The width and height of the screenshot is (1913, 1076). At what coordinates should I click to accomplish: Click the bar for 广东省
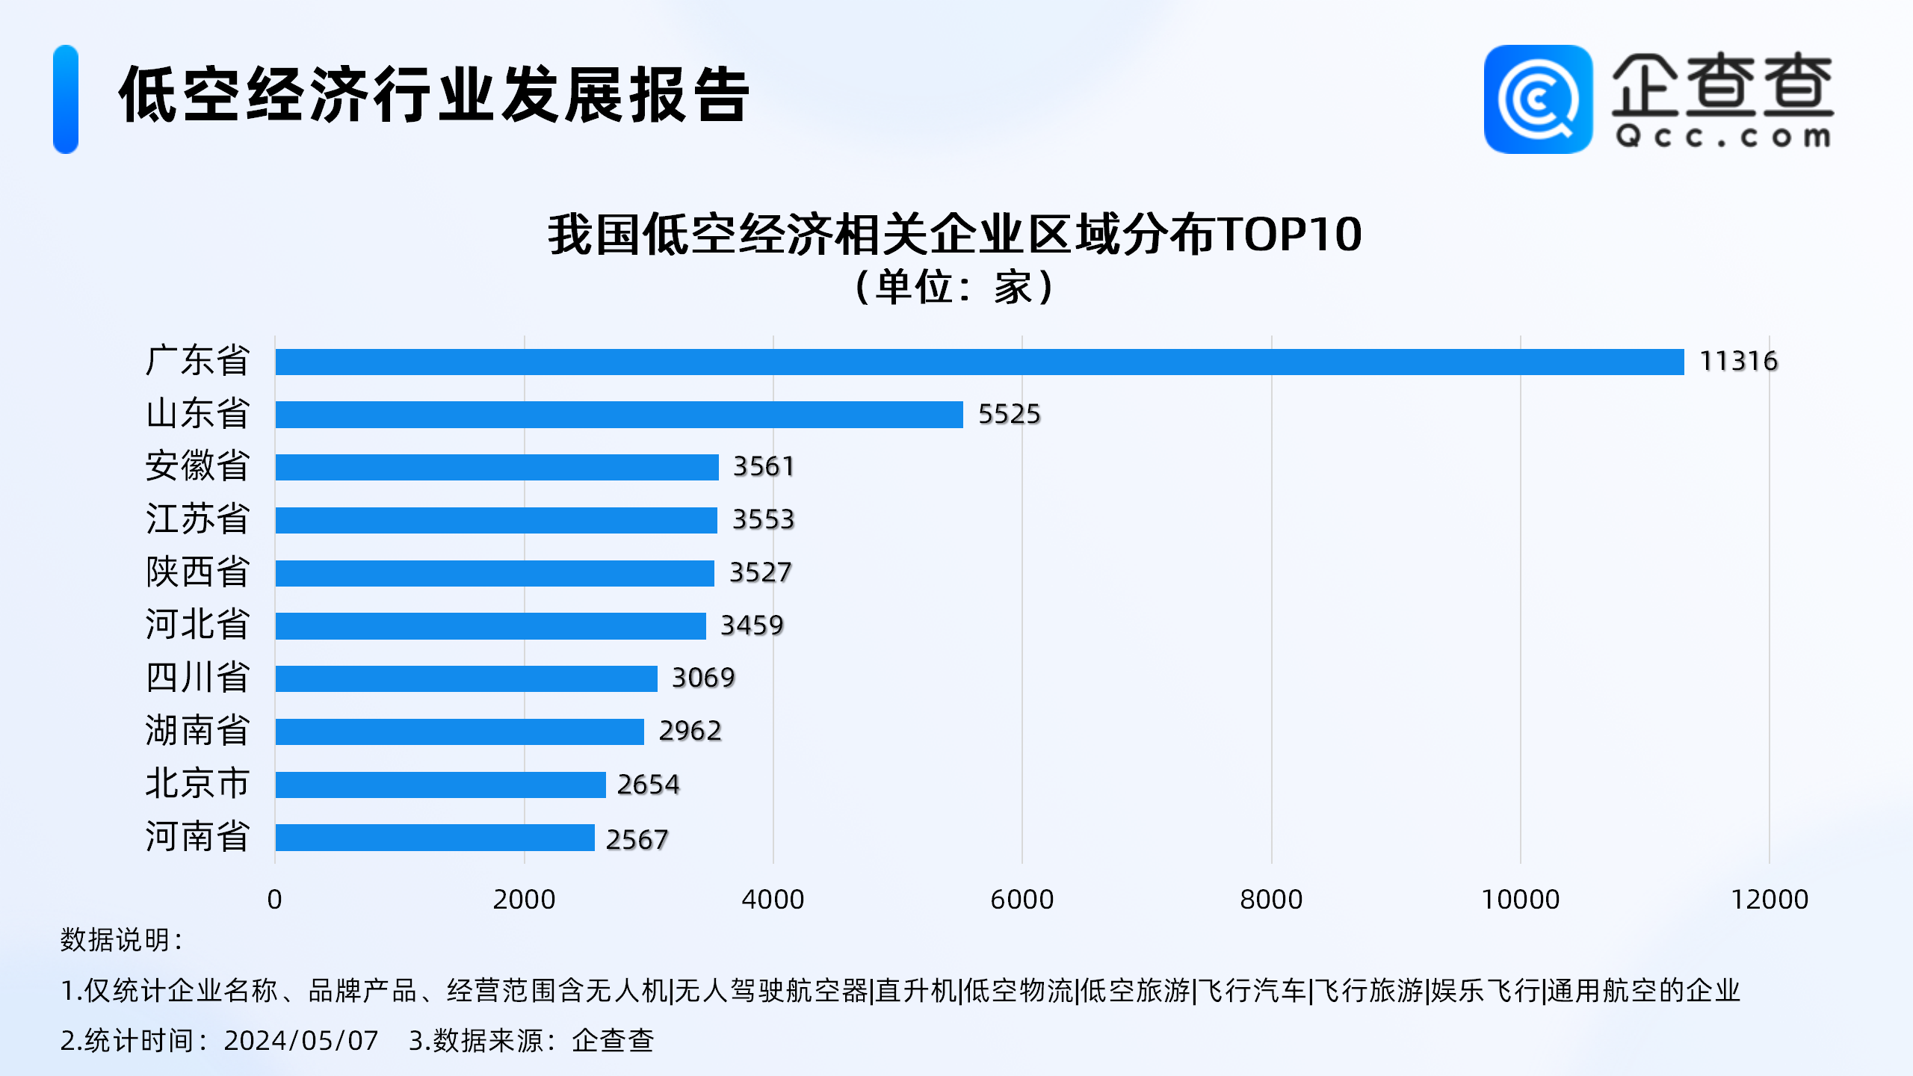tap(979, 362)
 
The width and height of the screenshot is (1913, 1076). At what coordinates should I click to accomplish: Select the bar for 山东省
tap(619, 415)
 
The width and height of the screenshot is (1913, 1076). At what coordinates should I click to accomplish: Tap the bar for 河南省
tap(435, 838)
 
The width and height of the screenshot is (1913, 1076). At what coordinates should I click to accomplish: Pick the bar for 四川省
tap(466, 678)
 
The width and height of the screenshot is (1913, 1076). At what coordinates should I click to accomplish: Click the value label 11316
tap(1738, 362)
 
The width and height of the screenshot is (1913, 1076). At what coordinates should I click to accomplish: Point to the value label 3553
tap(763, 519)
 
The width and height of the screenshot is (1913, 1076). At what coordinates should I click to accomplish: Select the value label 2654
tap(648, 785)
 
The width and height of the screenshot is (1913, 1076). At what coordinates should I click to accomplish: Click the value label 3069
tap(703, 678)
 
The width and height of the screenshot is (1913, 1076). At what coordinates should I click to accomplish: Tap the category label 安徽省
tap(197, 466)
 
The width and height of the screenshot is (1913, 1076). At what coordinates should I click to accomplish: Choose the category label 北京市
tap(197, 784)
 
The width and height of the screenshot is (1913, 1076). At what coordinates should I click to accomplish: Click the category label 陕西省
tap(197, 572)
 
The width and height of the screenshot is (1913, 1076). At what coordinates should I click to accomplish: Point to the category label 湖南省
tap(197, 731)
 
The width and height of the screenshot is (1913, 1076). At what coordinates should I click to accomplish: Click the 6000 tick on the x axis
tap(1022, 900)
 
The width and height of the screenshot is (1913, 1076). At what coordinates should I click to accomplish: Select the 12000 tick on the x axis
tap(1769, 900)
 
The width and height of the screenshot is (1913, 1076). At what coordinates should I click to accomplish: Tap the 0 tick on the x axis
tap(274, 900)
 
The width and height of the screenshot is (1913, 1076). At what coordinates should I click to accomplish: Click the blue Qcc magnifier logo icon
tap(1538, 99)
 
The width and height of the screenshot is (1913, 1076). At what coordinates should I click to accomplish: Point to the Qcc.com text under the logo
tap(1722, 137)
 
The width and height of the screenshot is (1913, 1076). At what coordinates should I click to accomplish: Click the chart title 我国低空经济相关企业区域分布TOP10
tap(955, 235)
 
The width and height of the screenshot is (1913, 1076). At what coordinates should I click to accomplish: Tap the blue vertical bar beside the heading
tap(66, 99)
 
